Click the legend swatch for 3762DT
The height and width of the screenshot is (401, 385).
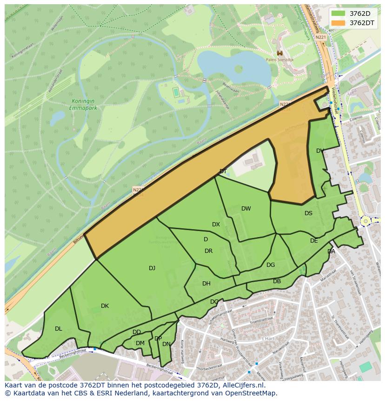pyautogui.click(x=339, y=22)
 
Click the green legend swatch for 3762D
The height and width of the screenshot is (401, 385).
pyautogui.click(x=339, y=13)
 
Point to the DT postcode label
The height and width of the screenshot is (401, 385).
pyautogui.click(x=223, y=171)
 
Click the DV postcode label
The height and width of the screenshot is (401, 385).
pyautogui.click(x=320, y=151)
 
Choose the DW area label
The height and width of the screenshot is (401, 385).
pyautogui.click(x=246, y=209)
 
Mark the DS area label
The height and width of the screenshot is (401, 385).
pyautogui.click(x=308, y=213)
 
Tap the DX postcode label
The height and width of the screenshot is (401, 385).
pyautogui.click(x=216, y=224)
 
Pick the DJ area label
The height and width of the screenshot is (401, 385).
pyautogui.click(x=152, y=268)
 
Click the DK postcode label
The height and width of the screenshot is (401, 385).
pyautogui.click(x=105, y=306)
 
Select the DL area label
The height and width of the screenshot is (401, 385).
pyautogui.click(x=58, y=329)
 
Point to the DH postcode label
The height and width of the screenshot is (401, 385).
pyautogui.click(x=206, y=284)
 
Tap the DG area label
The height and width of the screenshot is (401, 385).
pyautogui.click(x=271, y=265)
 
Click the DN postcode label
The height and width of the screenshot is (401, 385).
pyautogui.click(x=166, y=344)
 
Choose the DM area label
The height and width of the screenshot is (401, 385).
pyautogui.click(x=140, y=343)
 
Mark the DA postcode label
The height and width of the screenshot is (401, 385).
pyautogui.click(x=331, y=251)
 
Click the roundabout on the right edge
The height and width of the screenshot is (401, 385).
pyautogui.click(x=365, y=221)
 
